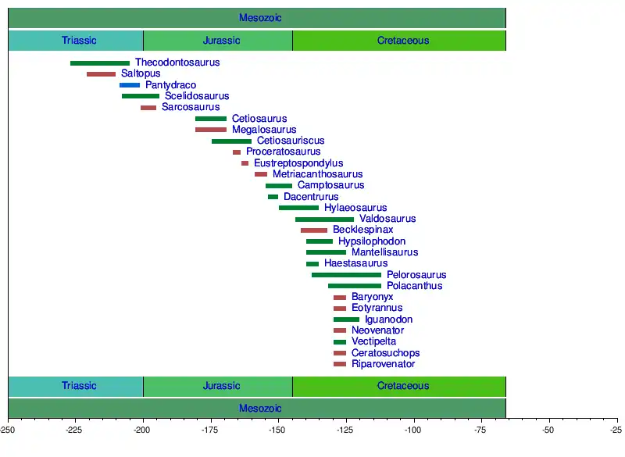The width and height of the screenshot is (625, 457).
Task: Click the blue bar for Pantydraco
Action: (130, 85)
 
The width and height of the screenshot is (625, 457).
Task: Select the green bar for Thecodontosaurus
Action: (100, 63)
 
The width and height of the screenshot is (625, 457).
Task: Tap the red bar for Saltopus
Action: (101, 74)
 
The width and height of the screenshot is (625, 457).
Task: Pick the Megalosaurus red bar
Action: (211, 130)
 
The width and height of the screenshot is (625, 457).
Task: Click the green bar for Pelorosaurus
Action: (346, 275)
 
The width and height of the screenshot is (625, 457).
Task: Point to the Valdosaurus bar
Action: (324, 220)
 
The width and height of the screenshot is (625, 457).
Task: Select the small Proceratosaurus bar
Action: (237, 152)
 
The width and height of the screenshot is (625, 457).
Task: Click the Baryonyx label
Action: (373, 297)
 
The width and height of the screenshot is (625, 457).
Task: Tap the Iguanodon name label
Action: (389, 320)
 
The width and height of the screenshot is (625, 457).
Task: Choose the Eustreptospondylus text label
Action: (298, 163)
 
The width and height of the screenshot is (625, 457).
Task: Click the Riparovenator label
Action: (384, 364)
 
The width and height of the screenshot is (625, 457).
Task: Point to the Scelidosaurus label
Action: (197, 96)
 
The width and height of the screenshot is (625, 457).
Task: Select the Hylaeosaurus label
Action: (355, 208)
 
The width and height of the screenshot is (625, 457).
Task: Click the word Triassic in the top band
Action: (79, 41)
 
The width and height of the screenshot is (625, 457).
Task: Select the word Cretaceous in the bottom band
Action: (403, 386)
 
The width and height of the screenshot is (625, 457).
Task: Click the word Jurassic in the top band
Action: (221, 41)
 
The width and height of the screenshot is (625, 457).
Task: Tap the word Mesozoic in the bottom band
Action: (261, 409)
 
